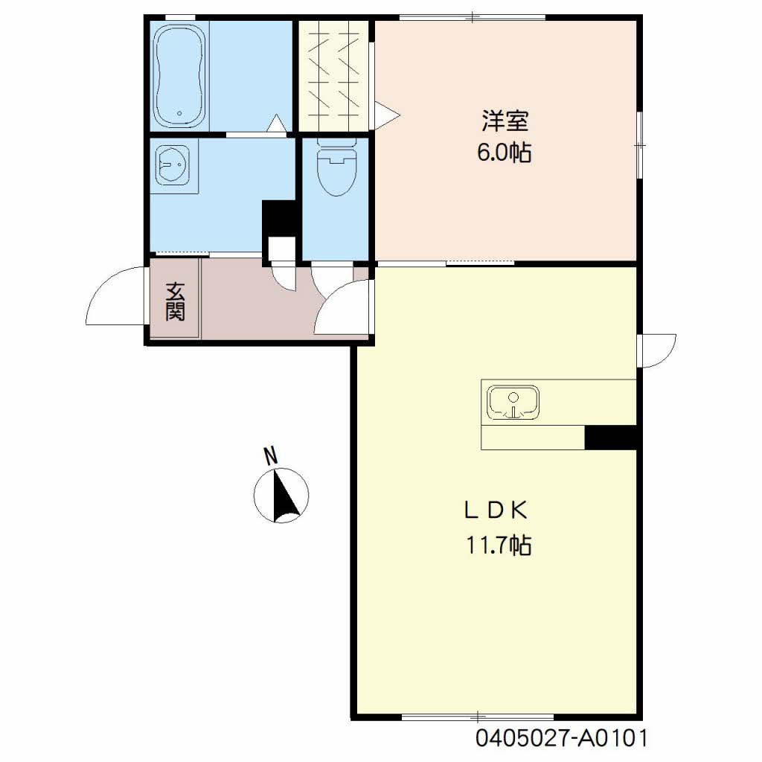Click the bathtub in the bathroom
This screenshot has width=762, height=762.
(x=179, y=76)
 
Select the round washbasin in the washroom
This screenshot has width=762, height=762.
(x=173, y=164)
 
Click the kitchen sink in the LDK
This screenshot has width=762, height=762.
(x=513, y=403)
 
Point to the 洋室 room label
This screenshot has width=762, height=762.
(x=505, y=121)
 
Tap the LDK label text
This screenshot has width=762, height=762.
(x=496, y=510)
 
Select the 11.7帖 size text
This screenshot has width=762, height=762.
(x=499, y=545)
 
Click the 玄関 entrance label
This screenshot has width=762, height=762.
(x=175, y=301)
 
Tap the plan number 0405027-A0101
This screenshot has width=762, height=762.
(x=561, y=738)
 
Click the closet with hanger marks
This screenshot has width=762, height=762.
(x=334, y=76)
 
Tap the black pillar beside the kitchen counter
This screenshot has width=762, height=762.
(x=610, y=438)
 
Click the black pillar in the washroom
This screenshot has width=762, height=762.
(x=278, y=219)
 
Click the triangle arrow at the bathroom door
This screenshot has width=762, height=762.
(x=277, y=123)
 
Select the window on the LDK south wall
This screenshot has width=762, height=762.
(x=478, y=717)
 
